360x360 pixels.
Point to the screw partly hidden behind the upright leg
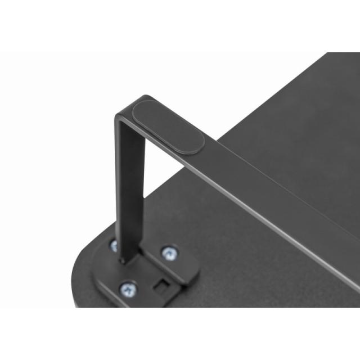(114, 245)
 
